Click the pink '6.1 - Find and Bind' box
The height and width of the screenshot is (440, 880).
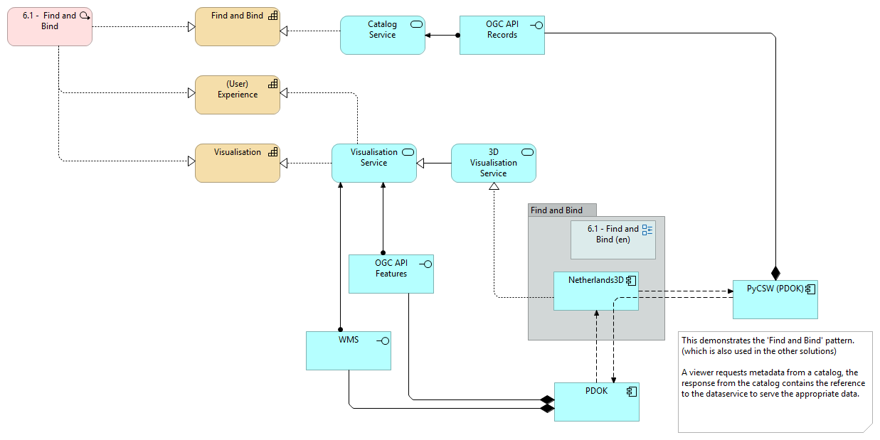point(50,26)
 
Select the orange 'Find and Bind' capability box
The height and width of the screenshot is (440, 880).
point(237,27)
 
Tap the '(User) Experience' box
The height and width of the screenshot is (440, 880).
point(237,95)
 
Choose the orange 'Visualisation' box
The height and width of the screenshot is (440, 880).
point(237,163)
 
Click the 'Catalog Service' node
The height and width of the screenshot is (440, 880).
point(382,35)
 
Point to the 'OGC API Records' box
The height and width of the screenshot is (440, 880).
point(502,35)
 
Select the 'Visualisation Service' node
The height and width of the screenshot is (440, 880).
point(373,163)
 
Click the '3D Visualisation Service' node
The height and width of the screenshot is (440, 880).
point(493,163)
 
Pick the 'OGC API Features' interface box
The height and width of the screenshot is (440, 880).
point(391,274)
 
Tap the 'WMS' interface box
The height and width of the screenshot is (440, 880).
point(348,350)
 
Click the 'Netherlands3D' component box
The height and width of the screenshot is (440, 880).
point(595,291)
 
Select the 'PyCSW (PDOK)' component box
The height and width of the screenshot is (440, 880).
point(775,299)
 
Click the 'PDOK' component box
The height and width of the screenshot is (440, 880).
point(596,402)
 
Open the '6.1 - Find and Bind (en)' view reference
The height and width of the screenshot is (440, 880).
point(613,239)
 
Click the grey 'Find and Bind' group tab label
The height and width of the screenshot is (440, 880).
point(557,210)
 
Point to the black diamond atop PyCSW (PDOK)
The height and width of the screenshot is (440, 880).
point(775,272)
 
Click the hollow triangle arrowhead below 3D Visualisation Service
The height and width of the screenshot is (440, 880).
point(494,187)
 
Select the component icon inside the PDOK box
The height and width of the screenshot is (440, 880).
point(630,391)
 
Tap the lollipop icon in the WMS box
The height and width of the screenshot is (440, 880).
point(383,340)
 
